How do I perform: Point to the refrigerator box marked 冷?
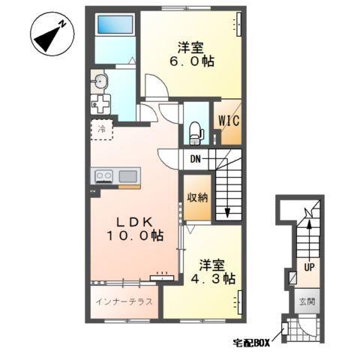point(103,129)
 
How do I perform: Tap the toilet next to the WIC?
point(196,131)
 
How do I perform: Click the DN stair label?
point(194,159)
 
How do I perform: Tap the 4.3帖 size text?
point(212,278)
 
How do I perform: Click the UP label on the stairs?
point(308,265)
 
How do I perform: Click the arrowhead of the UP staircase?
point(308,218)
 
